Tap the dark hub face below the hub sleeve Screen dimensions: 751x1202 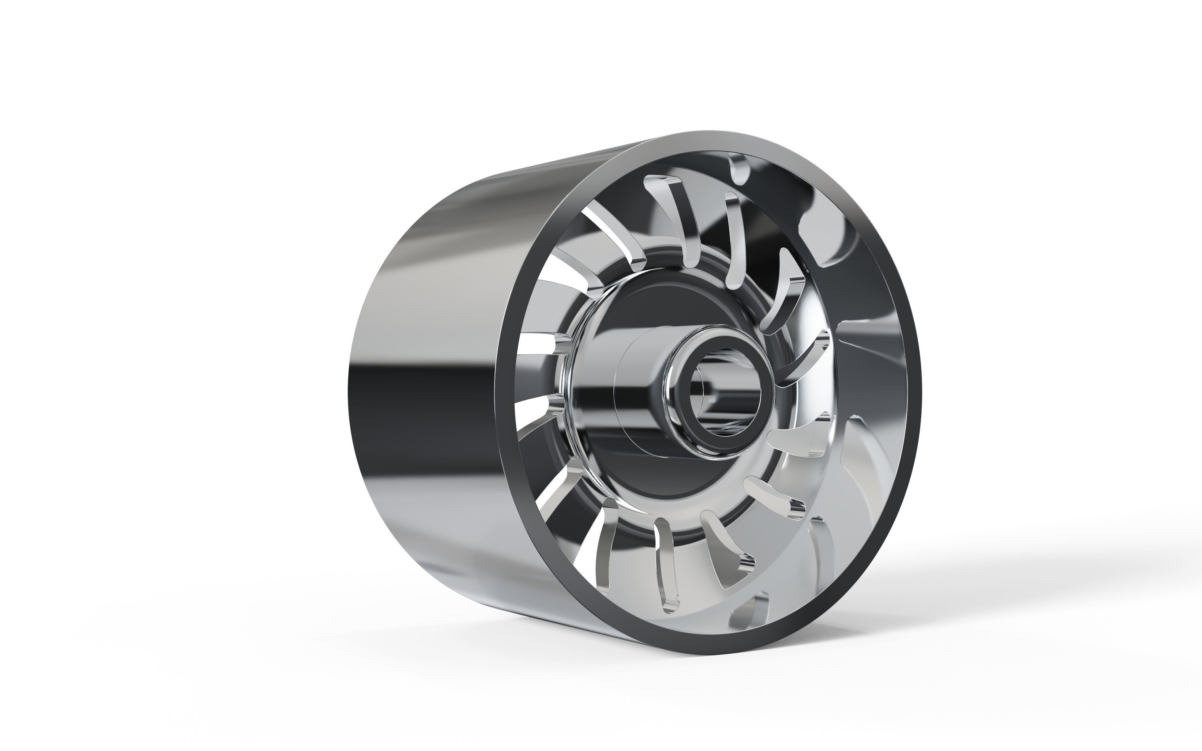click(646, 477)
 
